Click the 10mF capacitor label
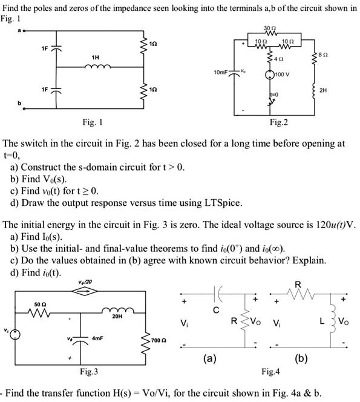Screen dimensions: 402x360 point(221,72)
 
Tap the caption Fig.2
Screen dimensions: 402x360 point(279,123)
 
